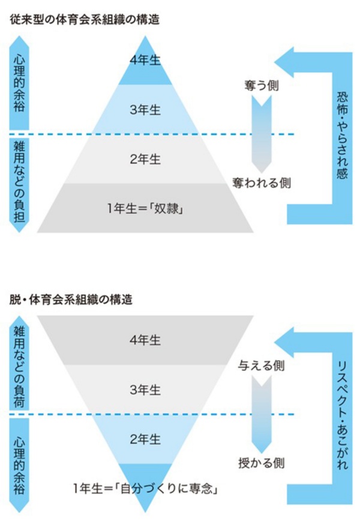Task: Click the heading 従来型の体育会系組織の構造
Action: coord(85,20)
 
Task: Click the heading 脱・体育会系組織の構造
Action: coord(71,300)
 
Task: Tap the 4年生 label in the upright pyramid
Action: coord(145,61)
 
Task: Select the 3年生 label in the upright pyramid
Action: coord(145,110)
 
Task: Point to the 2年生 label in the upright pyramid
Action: coord(145,159)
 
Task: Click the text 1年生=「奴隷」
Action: coord(145,208)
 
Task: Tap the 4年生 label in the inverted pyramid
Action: coord(145,340)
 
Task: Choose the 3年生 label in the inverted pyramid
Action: coord(145,390)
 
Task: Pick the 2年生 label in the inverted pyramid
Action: coord(145,440)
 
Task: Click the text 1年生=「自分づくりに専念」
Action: coord(146,489)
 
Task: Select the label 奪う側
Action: coord(262,86)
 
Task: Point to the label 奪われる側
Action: coord(262,183)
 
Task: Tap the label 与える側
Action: coord(262,366)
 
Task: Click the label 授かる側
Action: coord(262,463)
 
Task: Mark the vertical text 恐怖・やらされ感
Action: coord(343,136)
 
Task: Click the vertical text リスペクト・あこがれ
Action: coord(343,416)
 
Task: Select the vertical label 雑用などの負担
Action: coord(19,182)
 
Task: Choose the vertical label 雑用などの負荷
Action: coord(19,367)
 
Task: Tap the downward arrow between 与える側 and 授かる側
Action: coord(262,414)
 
